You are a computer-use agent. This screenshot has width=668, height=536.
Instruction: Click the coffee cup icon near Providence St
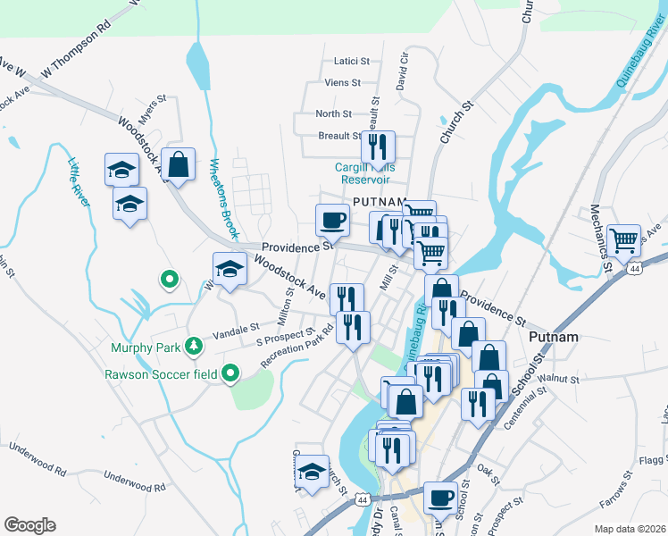[x=332, y=218]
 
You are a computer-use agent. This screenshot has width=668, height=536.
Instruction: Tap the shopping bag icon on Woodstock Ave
[x=179, y=163]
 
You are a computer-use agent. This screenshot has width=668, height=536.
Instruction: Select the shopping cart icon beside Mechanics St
[x=623, y=239]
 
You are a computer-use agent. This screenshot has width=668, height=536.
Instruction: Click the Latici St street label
[x=351, y=61]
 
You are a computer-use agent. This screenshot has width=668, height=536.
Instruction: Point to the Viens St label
[x=343, y=82]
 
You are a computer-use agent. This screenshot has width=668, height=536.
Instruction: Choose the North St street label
[x=333, y=113]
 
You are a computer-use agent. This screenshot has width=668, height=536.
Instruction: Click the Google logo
[x=29, y=524]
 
